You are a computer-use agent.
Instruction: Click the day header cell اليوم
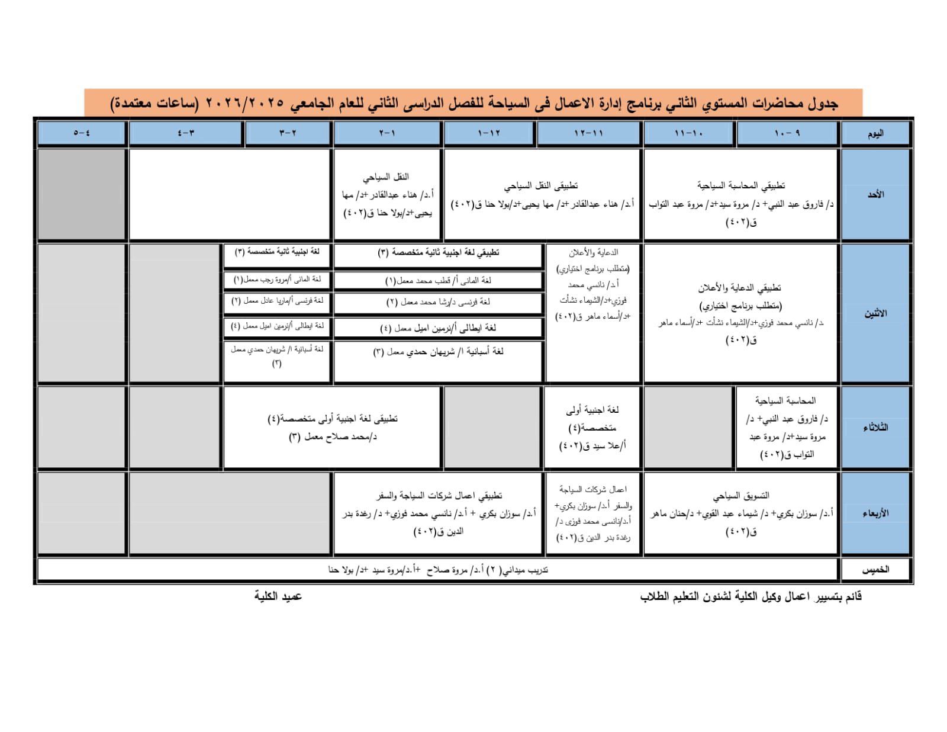point(875,133)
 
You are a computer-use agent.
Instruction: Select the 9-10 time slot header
point(787,133)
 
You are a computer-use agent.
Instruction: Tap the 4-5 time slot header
point(82,133)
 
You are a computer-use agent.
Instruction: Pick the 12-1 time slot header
point(489,133)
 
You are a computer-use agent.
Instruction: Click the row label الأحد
point(875,194)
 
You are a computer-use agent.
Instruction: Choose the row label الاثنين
point(875,313)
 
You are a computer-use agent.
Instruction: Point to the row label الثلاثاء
point(875,427)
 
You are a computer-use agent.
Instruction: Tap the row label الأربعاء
point(875,513)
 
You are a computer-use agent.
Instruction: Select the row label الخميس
point(875,569)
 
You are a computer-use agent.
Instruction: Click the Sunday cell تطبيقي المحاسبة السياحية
point(740,195)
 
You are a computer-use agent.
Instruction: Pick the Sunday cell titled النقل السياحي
point(387,195)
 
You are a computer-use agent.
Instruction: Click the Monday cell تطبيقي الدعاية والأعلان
point(740,313)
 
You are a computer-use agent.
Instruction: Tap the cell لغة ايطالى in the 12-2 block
point(438,328)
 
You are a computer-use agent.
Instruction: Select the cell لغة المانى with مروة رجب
point(277,279)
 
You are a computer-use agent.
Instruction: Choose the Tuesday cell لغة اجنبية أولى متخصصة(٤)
point(592,427)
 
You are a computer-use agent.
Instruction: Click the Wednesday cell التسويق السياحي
point(740,513)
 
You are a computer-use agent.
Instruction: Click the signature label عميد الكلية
point(278,596)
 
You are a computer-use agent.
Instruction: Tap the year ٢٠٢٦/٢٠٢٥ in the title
point(244,104)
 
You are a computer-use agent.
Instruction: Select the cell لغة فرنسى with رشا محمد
point(438,302)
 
